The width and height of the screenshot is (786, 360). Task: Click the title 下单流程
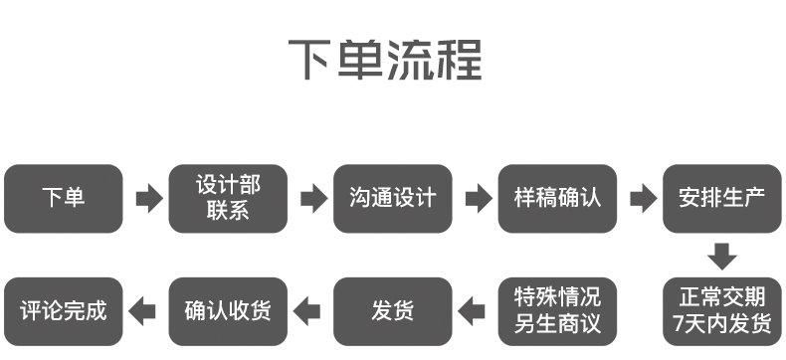click(385, 62)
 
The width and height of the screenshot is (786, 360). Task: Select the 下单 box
click(64, 199)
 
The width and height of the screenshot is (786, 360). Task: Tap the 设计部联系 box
click(229, 199)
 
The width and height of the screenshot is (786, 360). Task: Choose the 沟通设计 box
click(393, 199)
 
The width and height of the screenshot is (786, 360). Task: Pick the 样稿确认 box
click(557, 199)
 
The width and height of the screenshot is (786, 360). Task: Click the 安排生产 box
click(721, 199)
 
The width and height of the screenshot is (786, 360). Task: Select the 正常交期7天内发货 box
click(721, 310)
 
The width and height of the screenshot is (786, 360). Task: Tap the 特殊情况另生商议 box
click(557, 310)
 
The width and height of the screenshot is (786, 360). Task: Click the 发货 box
click(393, 310)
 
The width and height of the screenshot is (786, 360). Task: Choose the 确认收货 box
click(229, 310)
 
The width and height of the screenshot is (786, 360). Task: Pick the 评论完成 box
click(64, 310)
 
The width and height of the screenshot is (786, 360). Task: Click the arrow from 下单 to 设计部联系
click(147, 199)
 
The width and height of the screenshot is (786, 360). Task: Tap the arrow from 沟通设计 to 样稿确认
click(477, 199)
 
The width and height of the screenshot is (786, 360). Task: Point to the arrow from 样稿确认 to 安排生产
click(642, 199)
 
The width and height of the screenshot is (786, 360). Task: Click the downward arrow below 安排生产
click(722, 256)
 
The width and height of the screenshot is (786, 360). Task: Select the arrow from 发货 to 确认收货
click(310, 310)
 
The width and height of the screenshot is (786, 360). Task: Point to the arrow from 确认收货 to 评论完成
click(145, 310)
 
